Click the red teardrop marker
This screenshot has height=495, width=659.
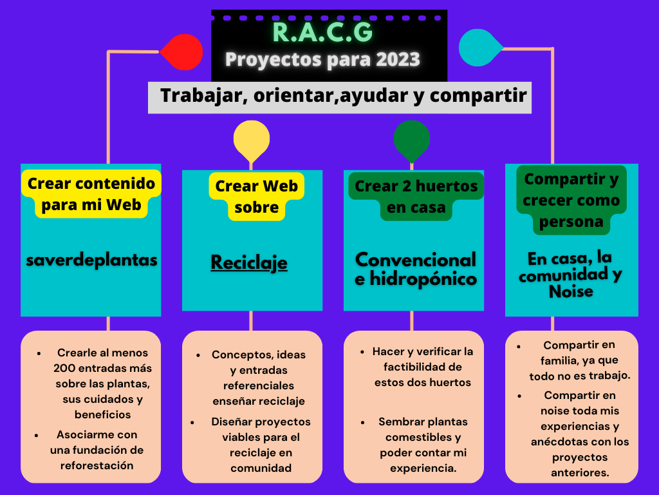click(x=183, y=52)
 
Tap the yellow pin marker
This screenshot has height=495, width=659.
click(x=252, y=140)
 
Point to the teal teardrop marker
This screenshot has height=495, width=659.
click(x=479, y=48)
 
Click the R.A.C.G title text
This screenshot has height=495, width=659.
click(x=323, y=32)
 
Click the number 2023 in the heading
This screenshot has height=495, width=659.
click(x=398, y=59)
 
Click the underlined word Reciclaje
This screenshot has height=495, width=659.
click(x=249, y=263)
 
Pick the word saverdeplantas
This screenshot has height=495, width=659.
click(x=91, y=260)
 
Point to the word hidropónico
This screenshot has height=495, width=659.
click(x=423, y=279)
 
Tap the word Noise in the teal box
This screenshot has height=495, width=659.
click(x=571, y=291)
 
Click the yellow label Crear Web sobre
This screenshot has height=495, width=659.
click(x=256, y=197)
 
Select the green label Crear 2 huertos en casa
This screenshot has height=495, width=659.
click(x=416, y=197)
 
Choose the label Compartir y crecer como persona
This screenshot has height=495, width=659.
click(x=571, y=200)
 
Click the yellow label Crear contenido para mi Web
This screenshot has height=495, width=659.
click(x=91, y=194)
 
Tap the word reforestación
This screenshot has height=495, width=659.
click(x=97, y=465)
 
